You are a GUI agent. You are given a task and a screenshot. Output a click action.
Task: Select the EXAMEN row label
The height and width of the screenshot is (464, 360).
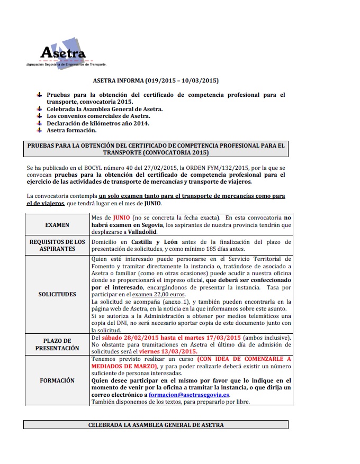pos(57,225)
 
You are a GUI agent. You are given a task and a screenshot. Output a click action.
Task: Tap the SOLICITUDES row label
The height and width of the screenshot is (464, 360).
pos(57,294)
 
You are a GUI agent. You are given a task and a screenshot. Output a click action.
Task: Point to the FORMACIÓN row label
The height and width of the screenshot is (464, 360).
pos(57,380)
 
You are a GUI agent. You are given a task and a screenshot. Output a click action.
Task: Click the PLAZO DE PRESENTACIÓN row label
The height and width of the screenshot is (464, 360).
pos(57,344)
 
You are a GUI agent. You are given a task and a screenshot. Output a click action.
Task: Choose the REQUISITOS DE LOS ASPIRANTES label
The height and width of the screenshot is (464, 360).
pos(57,245)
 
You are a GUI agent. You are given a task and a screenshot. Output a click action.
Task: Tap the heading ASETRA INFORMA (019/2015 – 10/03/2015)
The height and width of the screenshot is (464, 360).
pos(156,81)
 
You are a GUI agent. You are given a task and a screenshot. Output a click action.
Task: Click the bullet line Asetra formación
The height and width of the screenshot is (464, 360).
pos(72,130)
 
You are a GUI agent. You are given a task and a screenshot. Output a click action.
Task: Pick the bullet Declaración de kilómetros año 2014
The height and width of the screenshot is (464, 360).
pos(98,123)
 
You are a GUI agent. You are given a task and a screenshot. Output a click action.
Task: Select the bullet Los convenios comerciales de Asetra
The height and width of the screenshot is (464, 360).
pos(98,116)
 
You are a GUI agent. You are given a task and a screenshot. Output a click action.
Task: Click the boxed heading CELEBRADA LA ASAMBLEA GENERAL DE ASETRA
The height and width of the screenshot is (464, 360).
pos(156,425)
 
